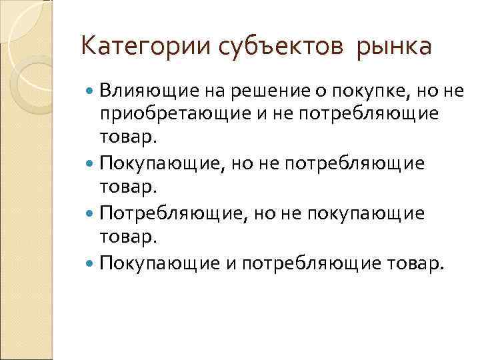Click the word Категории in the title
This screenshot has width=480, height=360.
coord(137,47)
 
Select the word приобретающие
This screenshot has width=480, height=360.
coord(166,113)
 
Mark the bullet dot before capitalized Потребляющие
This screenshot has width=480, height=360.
coord(91,213)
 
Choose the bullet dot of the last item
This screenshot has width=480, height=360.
coord(91,263)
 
